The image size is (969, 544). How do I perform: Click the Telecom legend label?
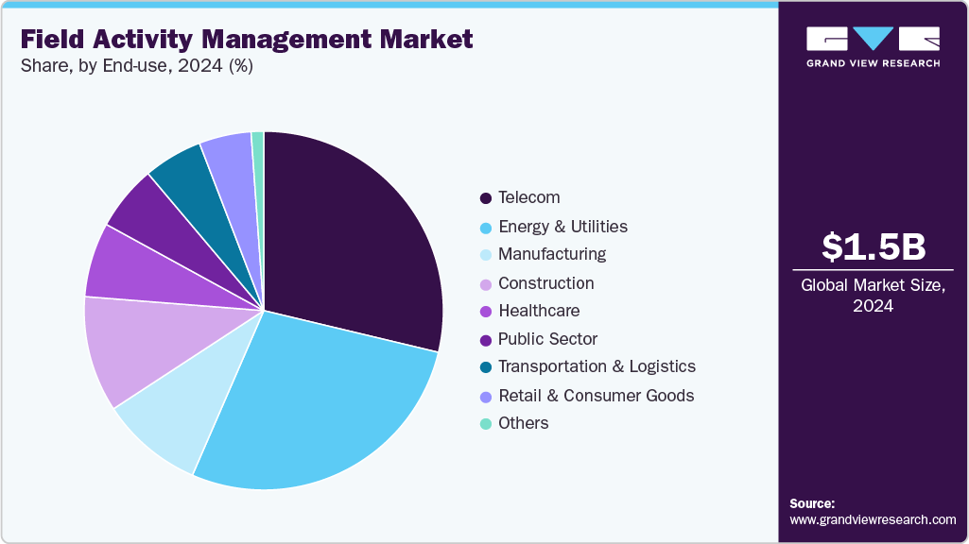click(x=528, y=197)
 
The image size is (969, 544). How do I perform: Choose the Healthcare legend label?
click(x=539, y=311)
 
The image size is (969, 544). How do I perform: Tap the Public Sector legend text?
click(x=547, y=338)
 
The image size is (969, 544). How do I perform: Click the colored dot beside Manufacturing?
click(x=486, y=255)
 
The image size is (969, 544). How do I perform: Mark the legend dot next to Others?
click(x=486, y=424)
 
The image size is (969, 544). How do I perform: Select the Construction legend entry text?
click(x=545, y=282)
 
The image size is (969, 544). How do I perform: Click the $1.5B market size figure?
click(x=874, y=246)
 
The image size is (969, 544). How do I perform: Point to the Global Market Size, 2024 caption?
click(x=874, y=296)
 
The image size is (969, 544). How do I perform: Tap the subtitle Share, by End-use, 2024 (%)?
click(x=136, y=67)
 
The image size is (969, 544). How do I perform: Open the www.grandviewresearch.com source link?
click(x=873, y=519)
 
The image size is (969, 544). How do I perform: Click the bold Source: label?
click(x=812, y=503)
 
